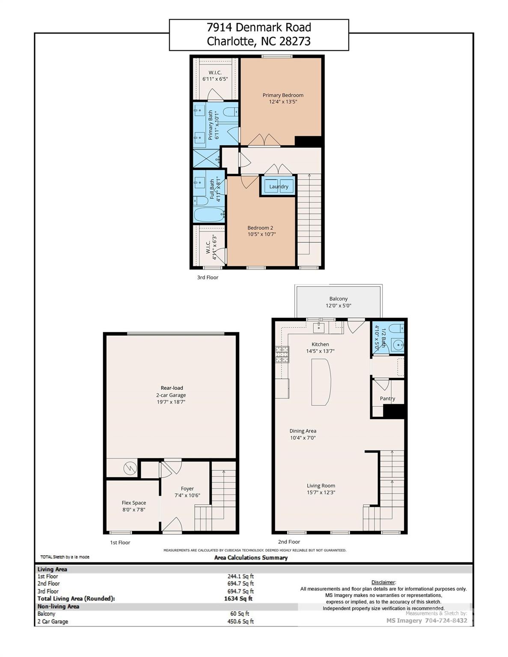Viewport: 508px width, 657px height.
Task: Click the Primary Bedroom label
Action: point(283,95)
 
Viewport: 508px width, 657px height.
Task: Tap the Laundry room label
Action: point(279,186)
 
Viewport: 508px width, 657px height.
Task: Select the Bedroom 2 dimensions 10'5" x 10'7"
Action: point(261,234)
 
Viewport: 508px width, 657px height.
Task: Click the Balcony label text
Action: point(339,299)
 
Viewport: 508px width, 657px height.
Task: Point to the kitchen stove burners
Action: point(282,355)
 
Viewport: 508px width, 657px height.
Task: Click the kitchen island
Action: point(321,382)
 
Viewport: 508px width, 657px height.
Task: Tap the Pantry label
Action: point(387,398)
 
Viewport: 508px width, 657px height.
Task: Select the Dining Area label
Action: point(303,431)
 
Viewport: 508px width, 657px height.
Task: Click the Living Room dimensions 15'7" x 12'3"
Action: point(321,492)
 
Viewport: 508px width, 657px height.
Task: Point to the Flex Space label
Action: point(134,503)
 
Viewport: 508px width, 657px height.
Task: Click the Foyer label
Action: point(187,488)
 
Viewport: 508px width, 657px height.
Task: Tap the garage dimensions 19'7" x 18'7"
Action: point(171,402)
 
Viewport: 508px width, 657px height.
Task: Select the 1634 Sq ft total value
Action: point(238,599)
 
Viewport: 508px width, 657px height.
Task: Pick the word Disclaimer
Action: point(383,582)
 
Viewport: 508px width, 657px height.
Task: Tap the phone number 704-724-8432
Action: point(446,621)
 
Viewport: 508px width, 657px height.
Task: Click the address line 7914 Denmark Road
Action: point(258,28)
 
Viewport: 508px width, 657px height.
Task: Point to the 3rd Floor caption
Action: point(208,277)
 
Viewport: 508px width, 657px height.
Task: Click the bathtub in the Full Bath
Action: point(209,214)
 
